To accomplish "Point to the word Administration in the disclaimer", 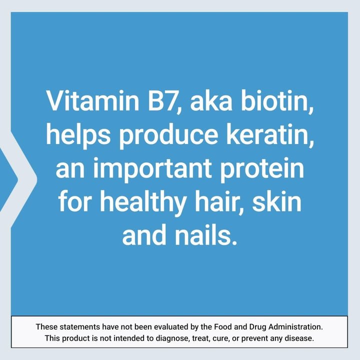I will point(298,327).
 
